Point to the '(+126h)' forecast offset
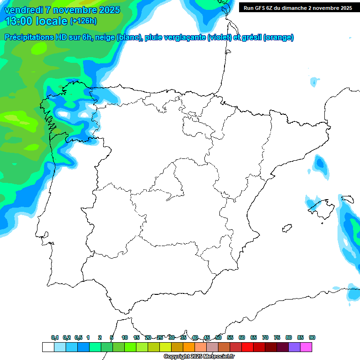(83, 21)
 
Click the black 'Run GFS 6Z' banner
(298, 8)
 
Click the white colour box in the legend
(48, 347)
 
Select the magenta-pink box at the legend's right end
(306, 347)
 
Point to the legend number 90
(312, 337)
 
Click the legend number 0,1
(55, 337)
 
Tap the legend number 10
(125, 337)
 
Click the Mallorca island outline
(322, 207)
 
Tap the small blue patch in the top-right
(314, 82)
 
